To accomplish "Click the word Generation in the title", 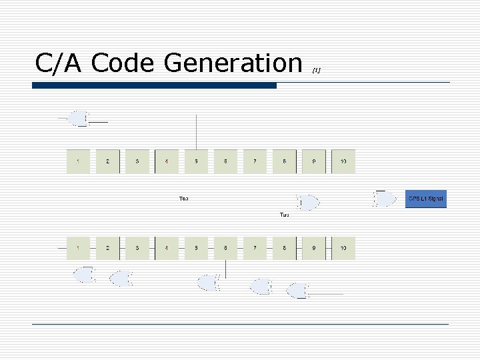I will pyautogui.click(x=233, y=63).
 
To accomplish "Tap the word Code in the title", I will pyautogui.click(x=124, y=63).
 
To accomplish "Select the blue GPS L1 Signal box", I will pyautogui.click(x=425, y=199).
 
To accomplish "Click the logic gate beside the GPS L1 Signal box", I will pyautogui.click(x=385, y=199).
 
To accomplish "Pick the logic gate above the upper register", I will pyautogui.click(x=79, y=119).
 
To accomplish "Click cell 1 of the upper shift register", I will pyautogui.click(x=79, y=161).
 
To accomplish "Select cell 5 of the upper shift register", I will pyautogui.click(x=196, y=161).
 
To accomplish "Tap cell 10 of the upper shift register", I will pyautogui.click(x=343, y=161).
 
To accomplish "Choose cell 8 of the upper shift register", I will pyautogui.click(x=285, y=161).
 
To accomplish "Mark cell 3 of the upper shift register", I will pyautogui.click(x=137, y=161).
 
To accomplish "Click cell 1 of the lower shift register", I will pyautogui.click(x=79, y=248).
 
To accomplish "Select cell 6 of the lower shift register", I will pyautogui.click(x=225, y=248).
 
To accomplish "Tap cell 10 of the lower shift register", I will pyautogui.click(x=343, y=248).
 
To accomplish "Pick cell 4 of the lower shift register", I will pyautogui.click(x=167, y=248).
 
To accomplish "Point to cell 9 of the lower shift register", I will pyautogui.click(x=314, y=248).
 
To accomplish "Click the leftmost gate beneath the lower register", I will pyautogui.click(x=84, y=274).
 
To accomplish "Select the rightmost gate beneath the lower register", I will pyautogui.click(x=298, y=291).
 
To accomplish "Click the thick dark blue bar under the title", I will pyautogui.click(x=154, y=85).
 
